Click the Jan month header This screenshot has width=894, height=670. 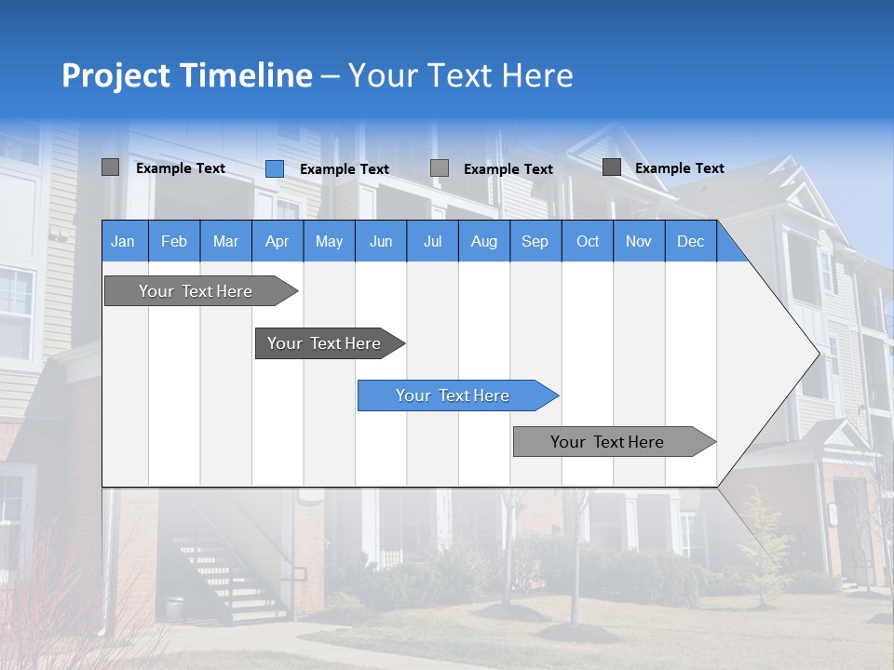(123, 241)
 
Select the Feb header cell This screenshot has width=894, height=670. (174, 241)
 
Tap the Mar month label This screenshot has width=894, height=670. (225, 241)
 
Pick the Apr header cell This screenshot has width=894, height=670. (277, 241)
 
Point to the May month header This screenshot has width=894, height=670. (329, 241)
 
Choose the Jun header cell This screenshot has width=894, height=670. (381, 241)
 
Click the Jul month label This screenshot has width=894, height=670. (432, 241)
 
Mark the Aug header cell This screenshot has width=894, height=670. (484, 241)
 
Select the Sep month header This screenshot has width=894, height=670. (535, 241)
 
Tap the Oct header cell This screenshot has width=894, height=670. (588, 241)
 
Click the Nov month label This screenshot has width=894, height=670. (639, 241)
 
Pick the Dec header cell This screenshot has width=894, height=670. (691, 241)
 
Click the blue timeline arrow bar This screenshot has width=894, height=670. (454, 395)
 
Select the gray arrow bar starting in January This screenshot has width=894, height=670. (196, 291)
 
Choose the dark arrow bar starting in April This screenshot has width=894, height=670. (325, 343)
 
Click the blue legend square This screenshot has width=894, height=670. (275, 168)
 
